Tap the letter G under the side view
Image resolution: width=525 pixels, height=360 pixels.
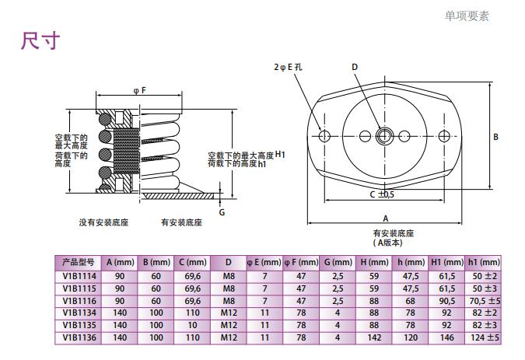coord(222,211)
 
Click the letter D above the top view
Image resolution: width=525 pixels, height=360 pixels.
coord(355,67)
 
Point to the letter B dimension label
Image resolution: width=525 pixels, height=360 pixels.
coord(495,138)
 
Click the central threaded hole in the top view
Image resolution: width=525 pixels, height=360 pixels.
coord(384,137)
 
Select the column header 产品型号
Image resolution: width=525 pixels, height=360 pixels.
coord(78,262)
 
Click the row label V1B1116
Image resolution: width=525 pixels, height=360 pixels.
coord(78,300)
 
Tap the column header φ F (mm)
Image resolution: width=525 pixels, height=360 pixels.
coord(301,262)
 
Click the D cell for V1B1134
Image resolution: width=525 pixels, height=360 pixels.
coord(229,313)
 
